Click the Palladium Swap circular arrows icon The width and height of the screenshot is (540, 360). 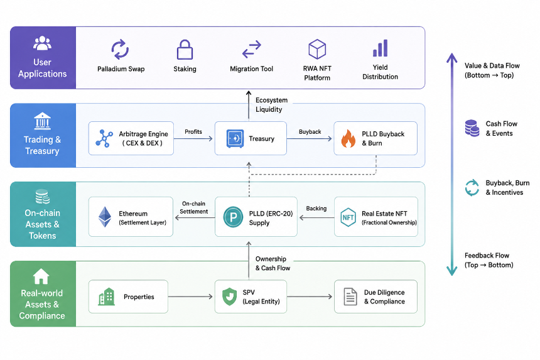[x=120, y=49]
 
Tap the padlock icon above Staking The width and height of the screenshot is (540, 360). [x=185, y=50]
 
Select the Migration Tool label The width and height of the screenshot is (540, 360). [x=251, y=69]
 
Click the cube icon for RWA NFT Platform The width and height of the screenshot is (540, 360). [x=317, y=49]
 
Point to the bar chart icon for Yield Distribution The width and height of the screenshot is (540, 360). [x=381, y=48]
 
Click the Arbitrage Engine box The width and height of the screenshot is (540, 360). [x=131, y=138]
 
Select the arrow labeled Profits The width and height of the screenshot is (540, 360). [x=193, y=139]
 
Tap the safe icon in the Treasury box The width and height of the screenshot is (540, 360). [x=235, y=138]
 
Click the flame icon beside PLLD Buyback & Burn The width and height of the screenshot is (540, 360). [x=348, y=138]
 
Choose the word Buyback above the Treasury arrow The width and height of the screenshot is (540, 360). [x=310, y=131]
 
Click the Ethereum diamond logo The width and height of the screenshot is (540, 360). [x=105, y=217]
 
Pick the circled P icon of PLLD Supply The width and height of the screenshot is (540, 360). [x=233, y=217]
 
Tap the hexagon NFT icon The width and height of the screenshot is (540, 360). [x=348, y=217]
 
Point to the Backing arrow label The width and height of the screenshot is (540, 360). [x=316, y=209]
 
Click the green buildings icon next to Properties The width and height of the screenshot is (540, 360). [x=106, y=297]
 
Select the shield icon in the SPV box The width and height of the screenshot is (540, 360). [x=229, y=297]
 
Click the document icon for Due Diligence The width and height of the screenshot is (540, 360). [x=350, y=297]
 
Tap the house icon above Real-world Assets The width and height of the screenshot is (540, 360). [x=41, y=276]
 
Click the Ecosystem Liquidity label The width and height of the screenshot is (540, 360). [x=271, y=105]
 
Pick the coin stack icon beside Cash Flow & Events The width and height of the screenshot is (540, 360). [x=472, y=128]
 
